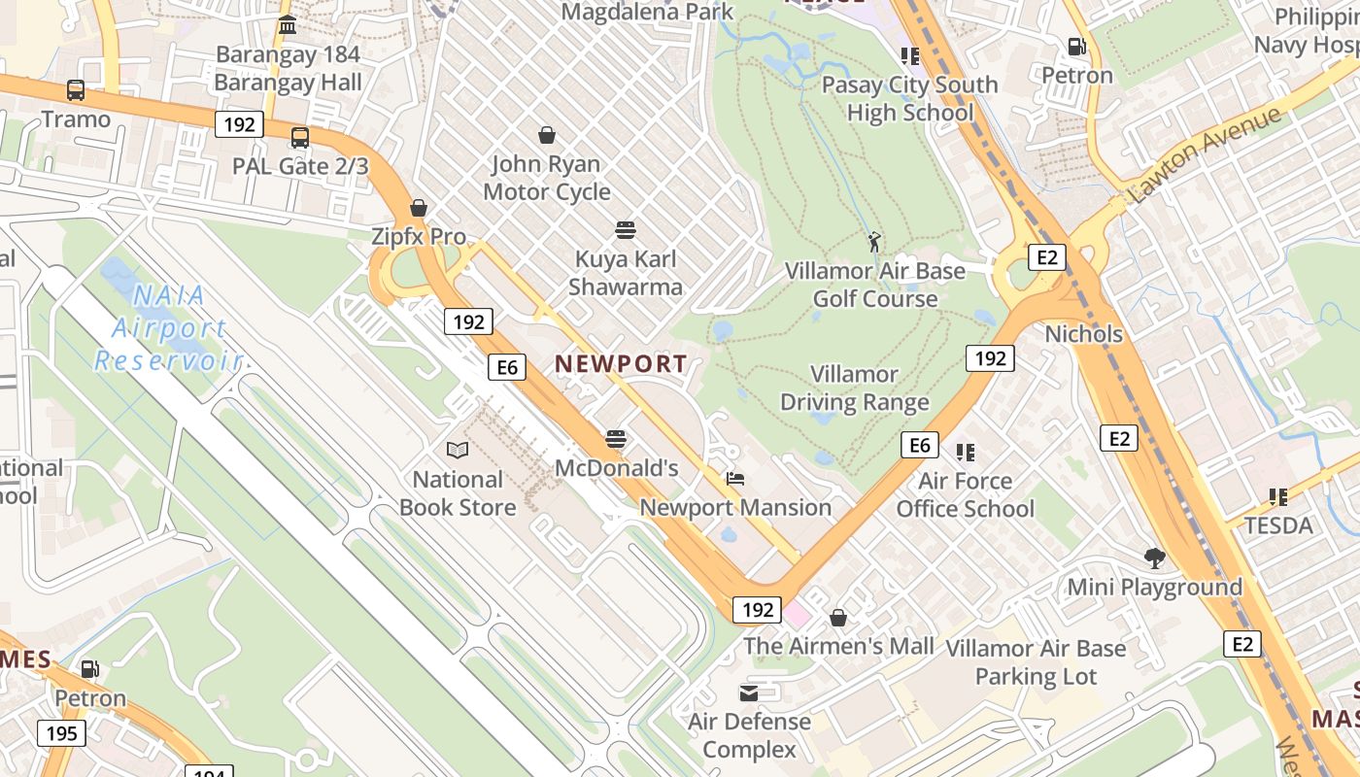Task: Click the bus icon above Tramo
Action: (76, 90)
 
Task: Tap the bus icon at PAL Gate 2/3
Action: (300, 138)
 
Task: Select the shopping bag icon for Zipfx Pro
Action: (419, 208)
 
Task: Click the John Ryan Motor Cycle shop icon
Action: (547, 135)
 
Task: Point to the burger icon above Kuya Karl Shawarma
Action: (626, 230)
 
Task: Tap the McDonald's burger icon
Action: (616, 439)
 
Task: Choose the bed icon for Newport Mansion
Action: (735, 479)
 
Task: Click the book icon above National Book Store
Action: (458, 451)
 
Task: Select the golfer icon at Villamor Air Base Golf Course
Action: (874, 242)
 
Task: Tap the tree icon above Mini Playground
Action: (1155, 558)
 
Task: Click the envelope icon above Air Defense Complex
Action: (749, 693)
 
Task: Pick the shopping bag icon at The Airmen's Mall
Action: (838, 618)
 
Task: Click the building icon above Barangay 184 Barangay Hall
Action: (288, 25)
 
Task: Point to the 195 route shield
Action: (61, 732)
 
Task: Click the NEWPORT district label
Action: (621, 364)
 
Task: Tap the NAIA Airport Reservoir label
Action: (168, 328)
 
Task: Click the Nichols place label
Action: (1083, 334)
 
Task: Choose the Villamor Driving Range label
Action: (855, 388)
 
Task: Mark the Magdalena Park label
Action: (648, 12)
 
